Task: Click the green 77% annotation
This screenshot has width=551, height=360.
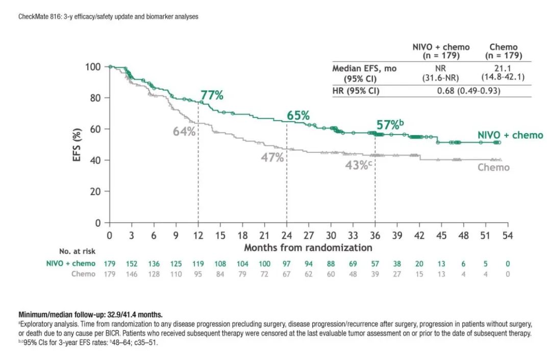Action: pos(212,95)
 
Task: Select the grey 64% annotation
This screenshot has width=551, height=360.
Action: pos(184,131)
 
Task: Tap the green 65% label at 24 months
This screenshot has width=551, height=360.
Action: pos(298,116)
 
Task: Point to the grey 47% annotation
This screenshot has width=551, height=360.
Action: pos(272,158)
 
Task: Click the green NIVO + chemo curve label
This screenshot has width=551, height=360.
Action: pos(510,135)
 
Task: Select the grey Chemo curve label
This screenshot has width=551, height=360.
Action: pos(493,167)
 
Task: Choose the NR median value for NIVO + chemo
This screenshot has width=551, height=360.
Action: pos(441,68)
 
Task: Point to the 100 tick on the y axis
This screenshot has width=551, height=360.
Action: pos(93,67)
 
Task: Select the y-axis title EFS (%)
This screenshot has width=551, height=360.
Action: pos(77,145)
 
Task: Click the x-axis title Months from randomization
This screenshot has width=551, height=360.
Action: pos(308,248)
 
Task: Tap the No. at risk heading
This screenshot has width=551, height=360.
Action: pos(77,251)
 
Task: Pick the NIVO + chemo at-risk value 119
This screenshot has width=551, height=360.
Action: pos(198,264)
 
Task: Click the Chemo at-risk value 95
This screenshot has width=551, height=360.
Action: pos(198,274)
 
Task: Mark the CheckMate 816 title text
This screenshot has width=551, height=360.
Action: pos(108,17)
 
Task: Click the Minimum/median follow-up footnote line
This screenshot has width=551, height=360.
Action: pos(90,315)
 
